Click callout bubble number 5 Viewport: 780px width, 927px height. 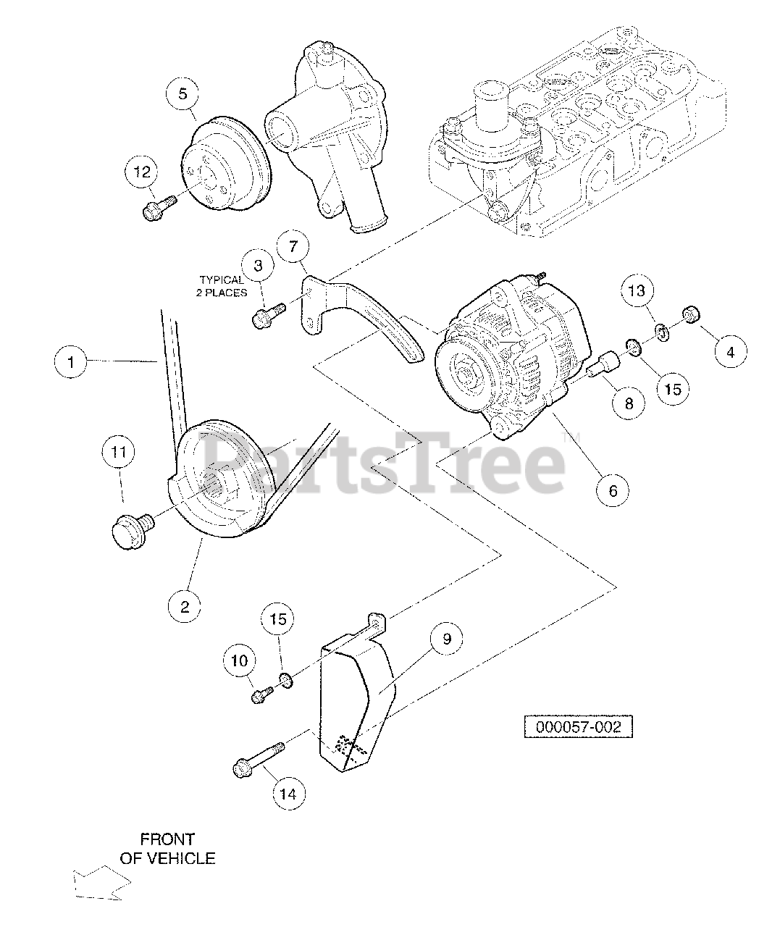[183, 94]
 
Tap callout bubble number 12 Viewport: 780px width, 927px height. [142, 172]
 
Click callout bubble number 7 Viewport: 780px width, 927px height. [293, 247]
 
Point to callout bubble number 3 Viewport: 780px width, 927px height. [259, 265]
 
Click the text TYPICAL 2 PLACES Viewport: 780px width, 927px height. [223, 286]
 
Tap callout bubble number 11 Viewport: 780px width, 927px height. [119, 453]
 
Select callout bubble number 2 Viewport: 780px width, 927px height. [184, 607]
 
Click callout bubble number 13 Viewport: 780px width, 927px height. [635, 292]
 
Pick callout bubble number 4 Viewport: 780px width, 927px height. [730, 352]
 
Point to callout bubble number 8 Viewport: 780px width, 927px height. [629, 403]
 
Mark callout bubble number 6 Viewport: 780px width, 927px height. [612, 490]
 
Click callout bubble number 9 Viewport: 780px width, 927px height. [447, 638]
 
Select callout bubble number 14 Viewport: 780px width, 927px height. [288, 794]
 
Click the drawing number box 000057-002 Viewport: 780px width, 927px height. [579, 726]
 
